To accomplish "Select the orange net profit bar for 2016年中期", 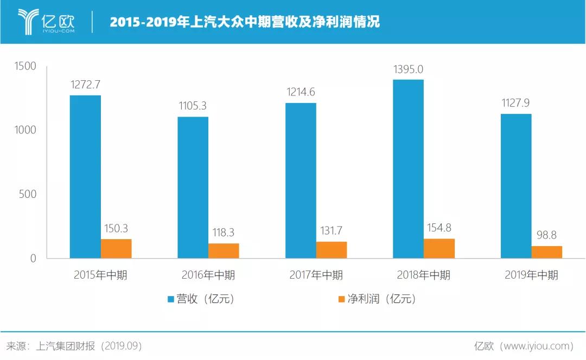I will [224, 250].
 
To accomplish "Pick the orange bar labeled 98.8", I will [547, 252].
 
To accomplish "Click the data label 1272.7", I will [86, 85].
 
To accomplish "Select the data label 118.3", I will [223, 232].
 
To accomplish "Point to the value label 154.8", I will [439, 228].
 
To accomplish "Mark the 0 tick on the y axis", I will [33, 259].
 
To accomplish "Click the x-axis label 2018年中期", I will [423, 275].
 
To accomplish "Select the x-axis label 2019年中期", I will [531, 275].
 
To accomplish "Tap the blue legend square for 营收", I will [170, 299].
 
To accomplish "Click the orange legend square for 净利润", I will [341, 299].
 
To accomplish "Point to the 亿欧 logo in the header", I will [46, 21].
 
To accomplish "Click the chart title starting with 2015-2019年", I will [245, 22].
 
